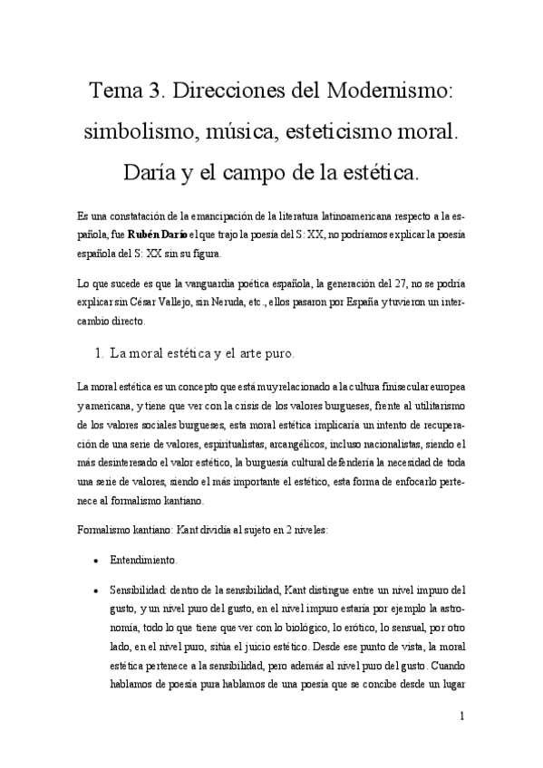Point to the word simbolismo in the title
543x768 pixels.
(x=135, y=130)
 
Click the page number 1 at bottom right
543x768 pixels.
(x=462, y=715)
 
